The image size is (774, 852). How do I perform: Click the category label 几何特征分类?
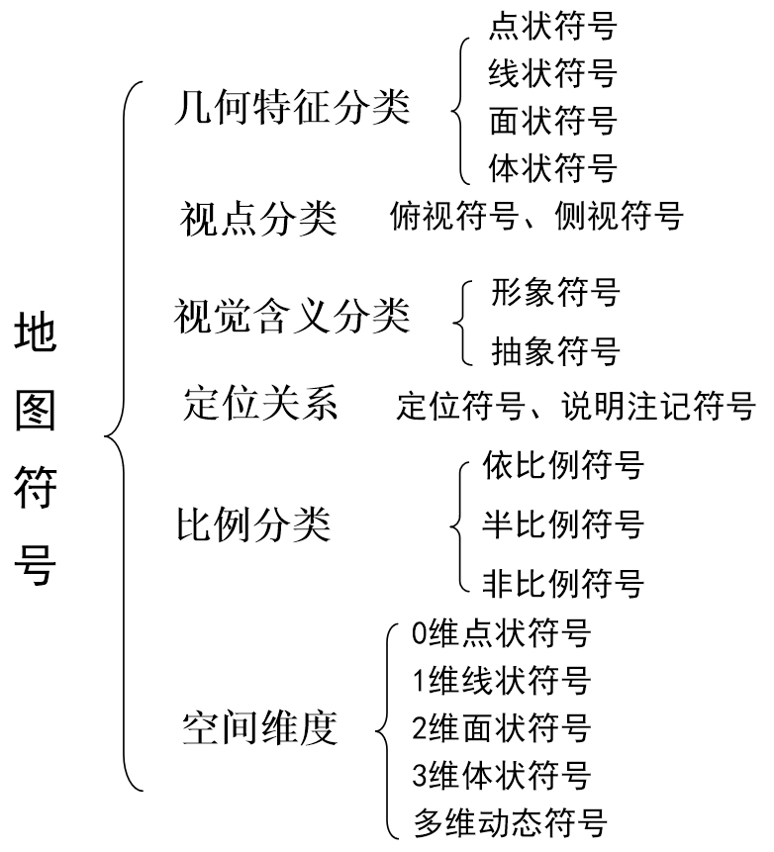[x=290, y=108]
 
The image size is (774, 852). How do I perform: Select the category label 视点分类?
[x=257, y=219]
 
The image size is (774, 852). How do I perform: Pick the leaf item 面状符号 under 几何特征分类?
[x=552, y=121]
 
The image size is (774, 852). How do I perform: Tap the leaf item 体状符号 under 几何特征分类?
[x=552, y=167]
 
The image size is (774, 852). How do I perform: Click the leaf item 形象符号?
[x=554, y=293]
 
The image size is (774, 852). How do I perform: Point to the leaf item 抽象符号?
[x=554, y=349]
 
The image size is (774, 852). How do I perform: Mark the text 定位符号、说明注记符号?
[x=575, y=406]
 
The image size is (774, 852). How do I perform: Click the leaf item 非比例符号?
[x=562, y=581]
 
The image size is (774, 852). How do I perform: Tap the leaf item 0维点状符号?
[x=501, y=633]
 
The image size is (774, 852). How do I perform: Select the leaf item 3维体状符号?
[x=501, y=775]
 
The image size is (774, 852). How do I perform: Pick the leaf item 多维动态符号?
[x=509, y=823]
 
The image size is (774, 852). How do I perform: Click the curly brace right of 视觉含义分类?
[x=461, y=321]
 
